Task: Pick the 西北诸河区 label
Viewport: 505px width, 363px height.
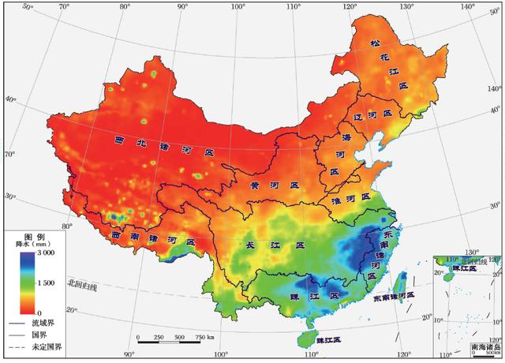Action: pyautogui.click(x=163, y=145)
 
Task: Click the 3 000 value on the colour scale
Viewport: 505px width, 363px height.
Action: pyautogui.click(x=43, y=254)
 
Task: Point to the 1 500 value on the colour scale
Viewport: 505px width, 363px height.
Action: pyautogui.click(x=43, y=283)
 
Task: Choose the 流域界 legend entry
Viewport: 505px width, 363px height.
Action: pyautogui.click(x=44, y=323)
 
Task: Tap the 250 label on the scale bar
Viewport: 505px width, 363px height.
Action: pyautogui.click(x=159, y=338)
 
